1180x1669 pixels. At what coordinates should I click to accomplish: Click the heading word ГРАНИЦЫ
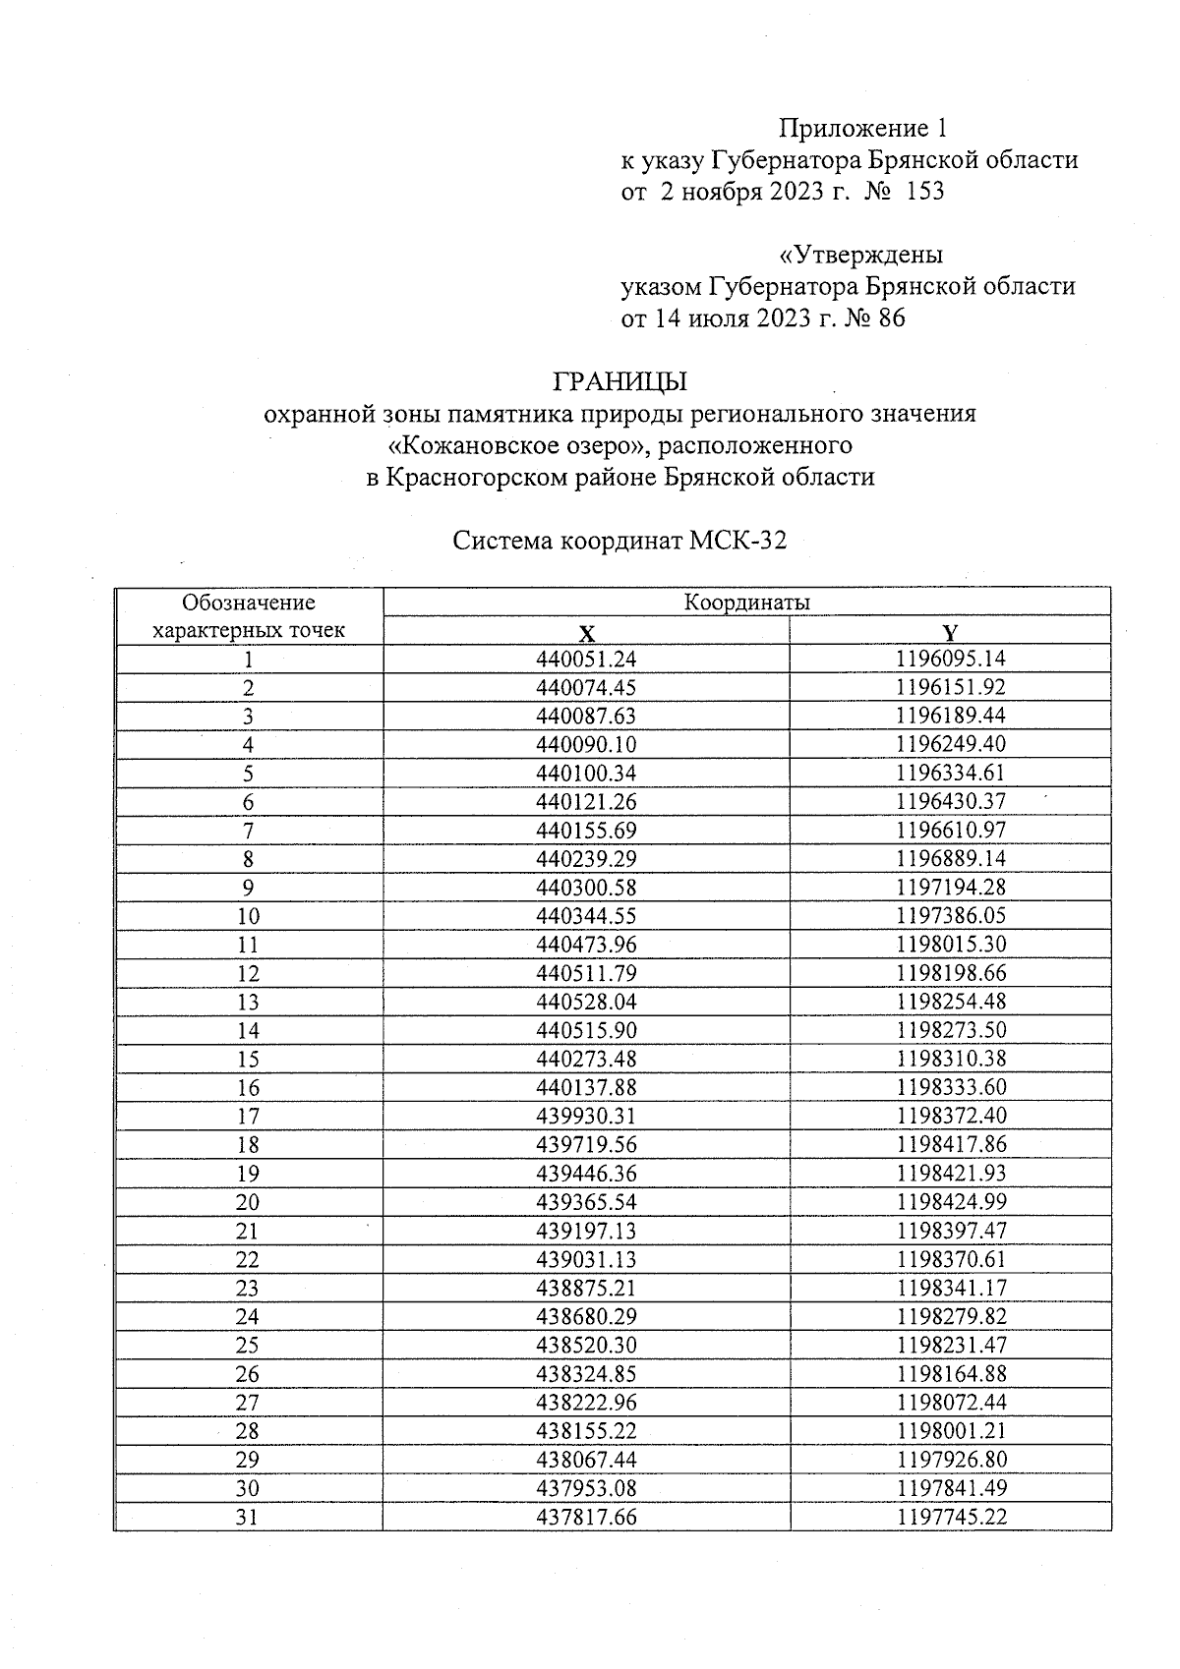[619, 380]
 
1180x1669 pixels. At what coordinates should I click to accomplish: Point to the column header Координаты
[746, 603]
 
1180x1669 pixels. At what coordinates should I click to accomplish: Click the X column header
[586, 632]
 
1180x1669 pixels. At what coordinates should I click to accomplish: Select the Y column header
[950, 632]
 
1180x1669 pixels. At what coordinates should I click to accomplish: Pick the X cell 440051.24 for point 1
[586, 660]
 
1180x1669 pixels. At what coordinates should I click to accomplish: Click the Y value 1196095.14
[950, 659]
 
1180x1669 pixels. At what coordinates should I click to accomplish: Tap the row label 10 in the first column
[248, 917]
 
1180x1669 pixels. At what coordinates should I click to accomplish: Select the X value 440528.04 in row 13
[586, 1002]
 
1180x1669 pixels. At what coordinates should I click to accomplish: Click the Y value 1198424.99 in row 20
[950, 1201]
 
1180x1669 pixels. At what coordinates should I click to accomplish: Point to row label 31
[248, 1517]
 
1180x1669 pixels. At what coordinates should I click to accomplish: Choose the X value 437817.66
[586, 1517]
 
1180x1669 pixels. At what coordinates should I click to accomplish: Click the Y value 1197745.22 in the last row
[950, 1517]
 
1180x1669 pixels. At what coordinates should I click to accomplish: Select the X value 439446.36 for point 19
[586, 1173]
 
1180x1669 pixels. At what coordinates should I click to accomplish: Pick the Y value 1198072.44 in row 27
[950, 1402]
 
